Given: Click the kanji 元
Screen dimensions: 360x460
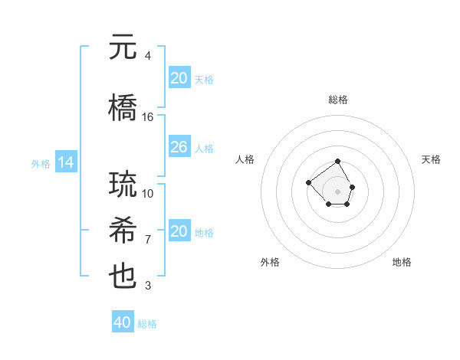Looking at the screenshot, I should [x=123, y=47].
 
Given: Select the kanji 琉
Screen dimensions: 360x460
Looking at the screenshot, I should [x=123, y=185].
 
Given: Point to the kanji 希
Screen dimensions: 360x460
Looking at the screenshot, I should [x=123, y=231].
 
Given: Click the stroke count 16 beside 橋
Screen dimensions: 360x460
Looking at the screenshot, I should [x=148, y=117].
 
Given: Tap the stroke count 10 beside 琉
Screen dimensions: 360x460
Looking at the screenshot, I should [x=148, y=194].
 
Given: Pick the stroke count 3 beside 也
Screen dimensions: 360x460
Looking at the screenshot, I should [x=148, y=286].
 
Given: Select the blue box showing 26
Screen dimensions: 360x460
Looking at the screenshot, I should [x=179, y=147].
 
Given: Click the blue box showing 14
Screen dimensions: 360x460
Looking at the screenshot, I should [x=65, y=162].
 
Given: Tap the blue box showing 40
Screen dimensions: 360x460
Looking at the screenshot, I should [x=123, y=322].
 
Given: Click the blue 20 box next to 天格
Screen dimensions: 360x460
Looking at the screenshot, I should [x=179, y=78].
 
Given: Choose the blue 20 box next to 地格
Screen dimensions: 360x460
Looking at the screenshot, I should [x=179, y=231].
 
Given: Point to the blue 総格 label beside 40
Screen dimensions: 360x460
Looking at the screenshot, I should [x=147, y=324].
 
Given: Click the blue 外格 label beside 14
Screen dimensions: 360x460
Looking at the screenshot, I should [x=41, y=163].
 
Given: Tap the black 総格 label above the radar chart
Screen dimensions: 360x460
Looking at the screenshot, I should [x=338, y=100].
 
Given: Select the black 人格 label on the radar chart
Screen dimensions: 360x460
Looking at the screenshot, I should [x=245, y=159].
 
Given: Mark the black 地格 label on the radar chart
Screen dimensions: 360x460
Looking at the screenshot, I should [x=402, y=262].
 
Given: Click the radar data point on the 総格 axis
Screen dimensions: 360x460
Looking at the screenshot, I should [x=338, y=162].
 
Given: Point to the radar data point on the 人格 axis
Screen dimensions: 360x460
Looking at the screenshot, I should [x=308, y=182].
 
